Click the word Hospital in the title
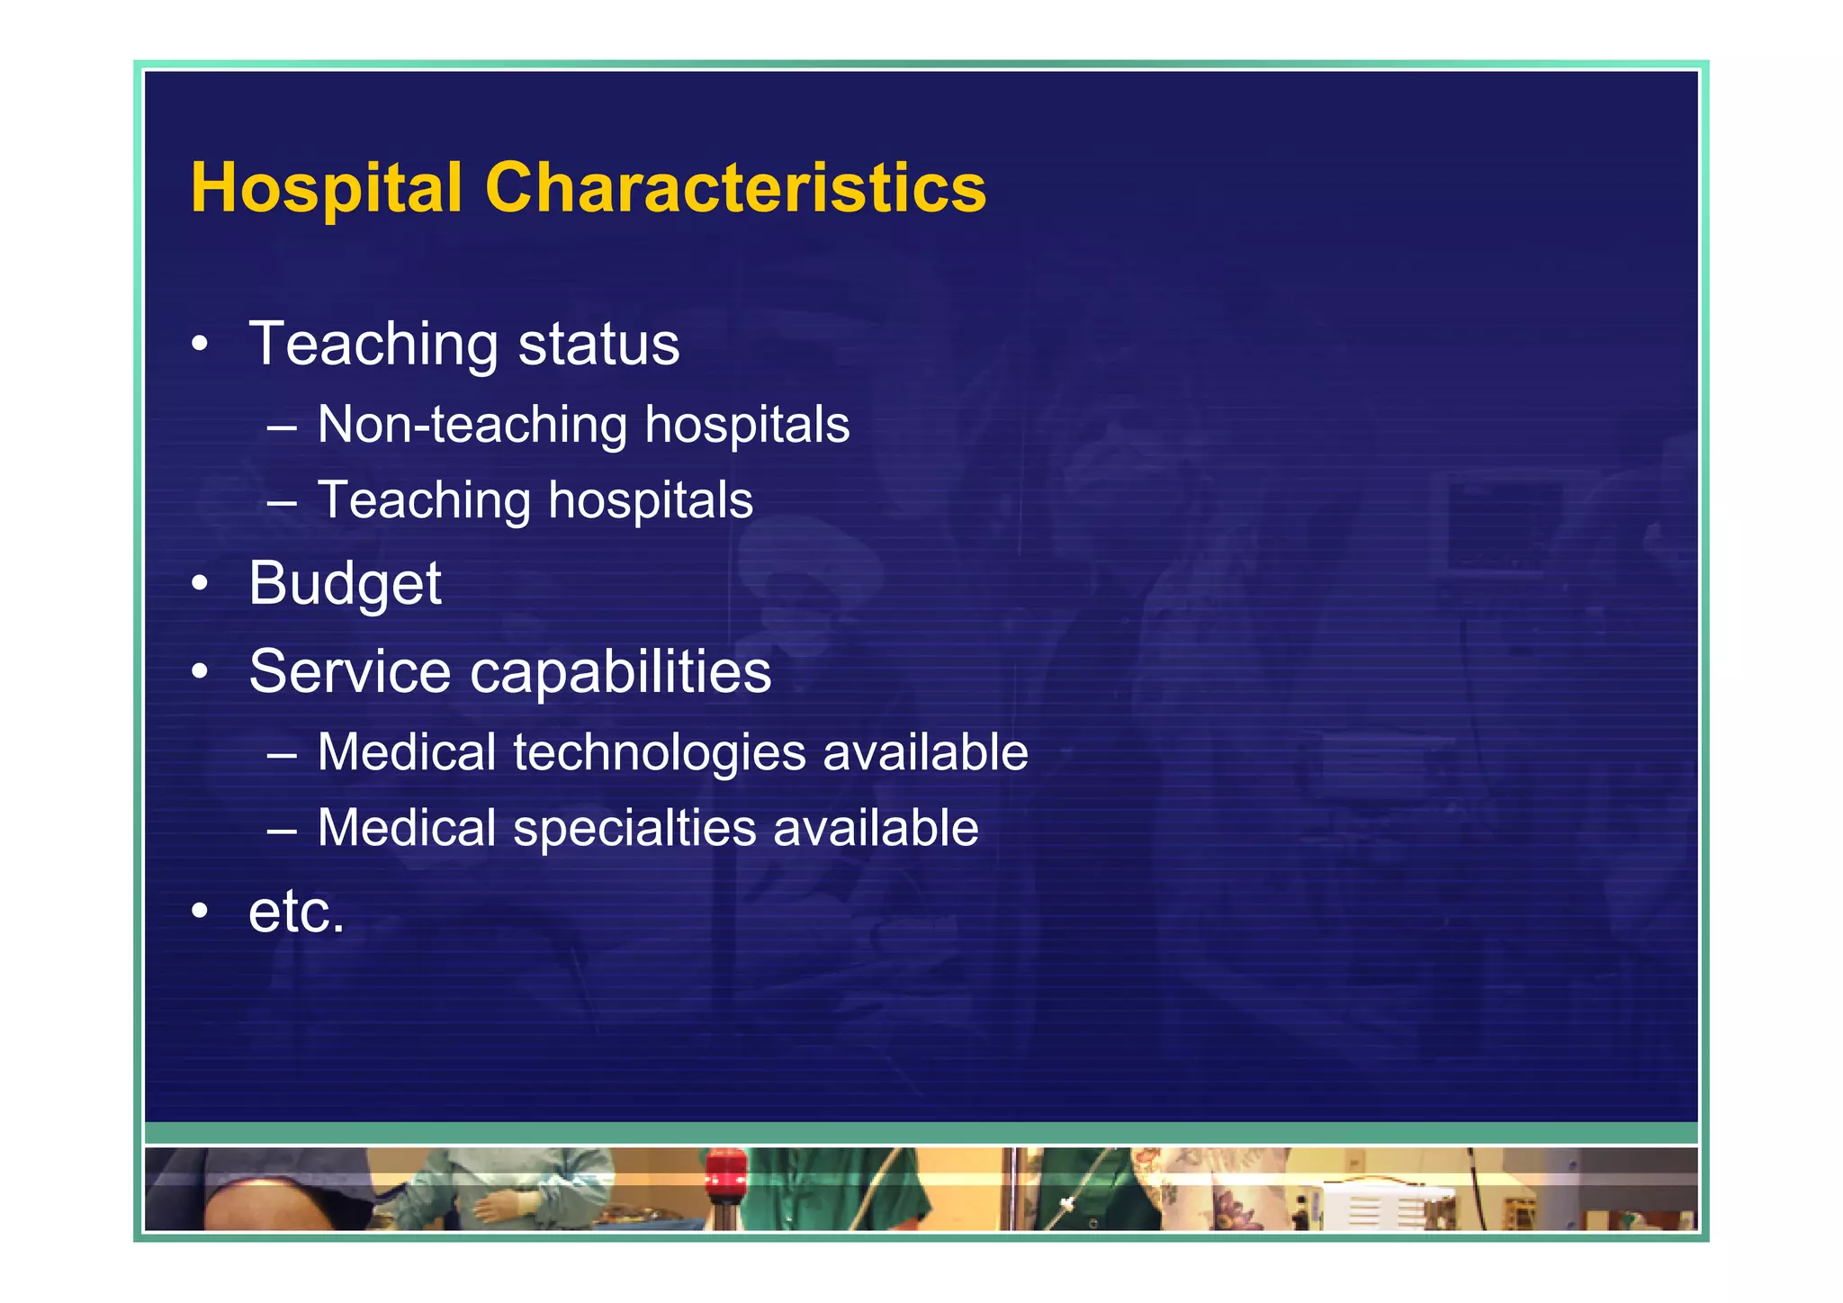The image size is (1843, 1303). tap(326, 188)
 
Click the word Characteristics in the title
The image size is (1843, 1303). tap(735, 188)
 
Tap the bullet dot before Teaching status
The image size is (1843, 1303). tap(200, 345)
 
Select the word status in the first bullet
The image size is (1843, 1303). tap(598, 345)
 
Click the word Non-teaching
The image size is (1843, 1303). tap(472, 425)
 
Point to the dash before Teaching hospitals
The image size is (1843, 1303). tap(282, 501)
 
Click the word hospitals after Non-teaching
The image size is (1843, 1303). tap(747, 425)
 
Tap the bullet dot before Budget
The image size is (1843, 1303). tap(200, 584)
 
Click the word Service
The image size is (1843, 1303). tap(349, 671)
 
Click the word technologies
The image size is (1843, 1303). tap(659, 753)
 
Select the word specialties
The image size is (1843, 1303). tap(634, 829)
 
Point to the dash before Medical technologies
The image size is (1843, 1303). tap(282, 753)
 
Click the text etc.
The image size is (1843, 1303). tap(296, 912)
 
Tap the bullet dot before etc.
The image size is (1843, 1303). tap(200, 912)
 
